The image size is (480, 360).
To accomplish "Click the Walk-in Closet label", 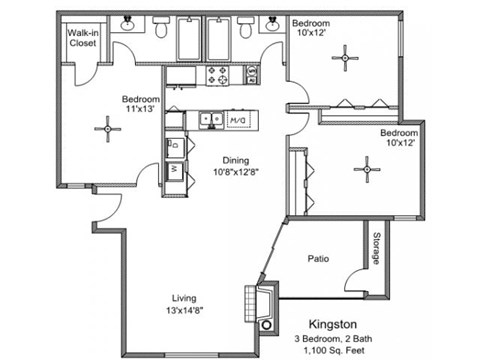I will click(82, 38).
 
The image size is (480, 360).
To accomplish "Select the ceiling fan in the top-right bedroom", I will click(345, 57).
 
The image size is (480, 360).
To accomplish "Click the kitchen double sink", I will click(210, 119).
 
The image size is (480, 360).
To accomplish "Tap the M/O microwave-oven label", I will click(238, 120).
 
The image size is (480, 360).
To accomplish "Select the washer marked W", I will click(173, 169).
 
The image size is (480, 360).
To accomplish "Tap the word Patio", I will click(319, 259).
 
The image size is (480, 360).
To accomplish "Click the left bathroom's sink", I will click(129, 22).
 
